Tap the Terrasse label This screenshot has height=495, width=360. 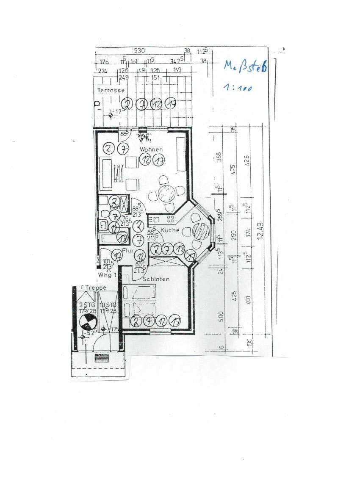pyautogui.click(x=111, y=90)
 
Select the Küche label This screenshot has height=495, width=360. pyautogui.click(x=170, y=230)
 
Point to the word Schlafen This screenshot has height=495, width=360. pyautogui.click(x=156, y=279)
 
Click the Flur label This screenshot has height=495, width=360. pyautogui.click(x=128, y=251)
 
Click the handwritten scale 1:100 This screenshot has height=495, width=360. pyautogui.click(x=238, y=88)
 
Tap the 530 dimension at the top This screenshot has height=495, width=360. pyautogui.click(x=139, y=51)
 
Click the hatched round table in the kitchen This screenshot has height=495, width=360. pyautogui.click(x=201, y=231)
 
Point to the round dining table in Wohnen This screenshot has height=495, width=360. pyautogui.click(x=166, y=194)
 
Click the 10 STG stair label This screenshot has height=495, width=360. pyautogui.click(x=108, y=304)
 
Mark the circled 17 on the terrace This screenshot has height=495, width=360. pyautogui.click(x=170, y=104)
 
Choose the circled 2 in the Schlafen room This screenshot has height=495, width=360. pyautogui.click(x=136, y=321)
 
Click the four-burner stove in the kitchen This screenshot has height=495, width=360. pyautogui.click(x=171, y=219)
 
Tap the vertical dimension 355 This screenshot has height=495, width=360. pyautogui.click(x=219, y=157)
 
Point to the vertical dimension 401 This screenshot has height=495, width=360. pyautogui.click(x=248, y=299)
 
